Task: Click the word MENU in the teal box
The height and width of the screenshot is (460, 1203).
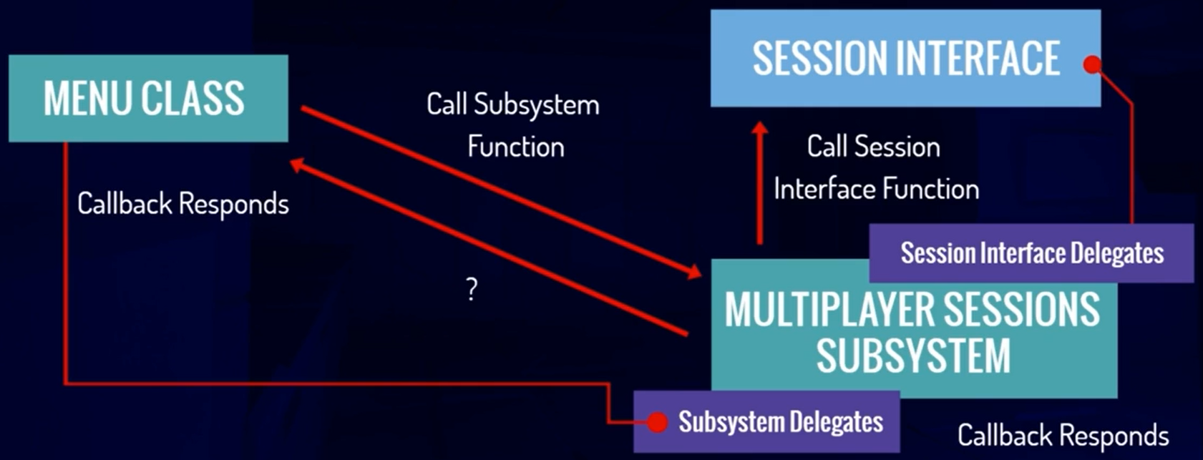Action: [88, 98]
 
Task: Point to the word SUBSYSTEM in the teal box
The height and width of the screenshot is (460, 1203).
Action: [914, 356]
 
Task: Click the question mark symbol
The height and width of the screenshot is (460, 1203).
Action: [472, 289]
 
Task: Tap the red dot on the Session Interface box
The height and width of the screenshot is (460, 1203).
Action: [1092, 65]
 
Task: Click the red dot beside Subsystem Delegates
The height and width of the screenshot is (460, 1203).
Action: [657, 422]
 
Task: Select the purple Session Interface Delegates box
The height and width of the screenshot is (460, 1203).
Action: [1031, 253]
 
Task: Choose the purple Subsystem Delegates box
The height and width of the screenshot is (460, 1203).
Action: [766, 421]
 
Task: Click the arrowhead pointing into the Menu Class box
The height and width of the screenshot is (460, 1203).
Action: [298, 165]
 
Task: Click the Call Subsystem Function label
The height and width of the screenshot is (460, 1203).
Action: [513, 126]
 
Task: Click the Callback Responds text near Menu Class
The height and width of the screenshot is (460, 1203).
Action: [183, 204]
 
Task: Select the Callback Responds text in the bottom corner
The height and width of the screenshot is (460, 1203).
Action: [1063, 435]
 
